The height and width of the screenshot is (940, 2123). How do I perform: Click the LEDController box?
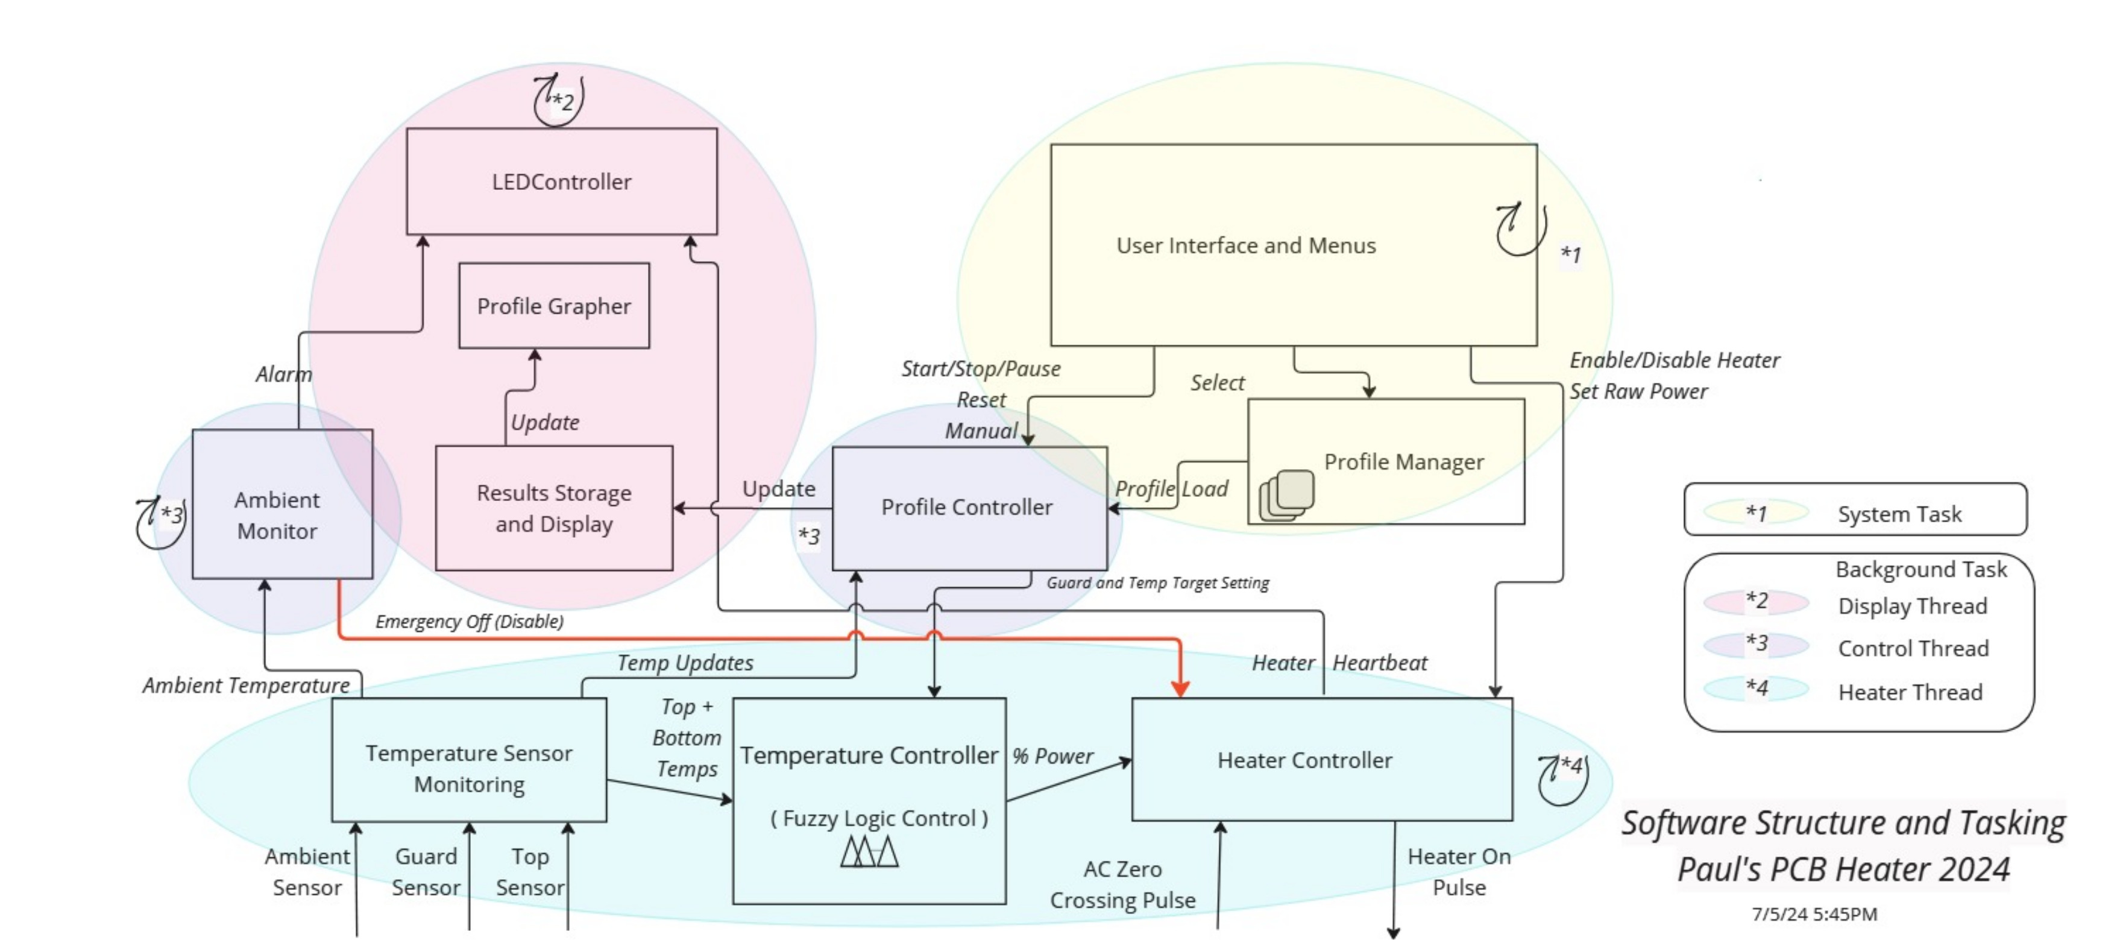click(x=561, y=181)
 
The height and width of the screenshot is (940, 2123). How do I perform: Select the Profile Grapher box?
click(x=554, y=306)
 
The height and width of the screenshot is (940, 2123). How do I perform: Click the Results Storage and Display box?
click(x=554, y=508)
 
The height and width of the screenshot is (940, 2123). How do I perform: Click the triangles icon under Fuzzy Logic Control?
click(x=869, y=851)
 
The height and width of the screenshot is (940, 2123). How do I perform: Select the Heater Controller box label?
click(x=1304, y=760)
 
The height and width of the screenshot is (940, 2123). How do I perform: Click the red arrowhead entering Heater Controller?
click(x=1180, y=689)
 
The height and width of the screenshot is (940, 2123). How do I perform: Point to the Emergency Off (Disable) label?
click(x=469, y=621)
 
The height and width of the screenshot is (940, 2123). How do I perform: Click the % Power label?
click(x=1052, y=756)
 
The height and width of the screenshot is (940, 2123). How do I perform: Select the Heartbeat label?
click(x=1380, y=663)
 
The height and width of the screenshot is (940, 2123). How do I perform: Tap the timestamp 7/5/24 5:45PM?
click(x=1814, y=913)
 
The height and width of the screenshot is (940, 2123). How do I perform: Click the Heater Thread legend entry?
click(x=1910, y=692)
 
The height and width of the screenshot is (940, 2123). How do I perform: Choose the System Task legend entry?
click(x=1899, y=514)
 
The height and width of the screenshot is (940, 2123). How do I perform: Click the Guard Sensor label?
click(x=426, y=871)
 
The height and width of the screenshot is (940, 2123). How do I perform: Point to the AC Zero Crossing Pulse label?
click(x=1122, y=884)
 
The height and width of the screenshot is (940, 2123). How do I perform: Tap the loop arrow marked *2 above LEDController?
click(x=558, y=101)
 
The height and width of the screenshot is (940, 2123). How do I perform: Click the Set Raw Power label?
click(x=1638, y=392)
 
